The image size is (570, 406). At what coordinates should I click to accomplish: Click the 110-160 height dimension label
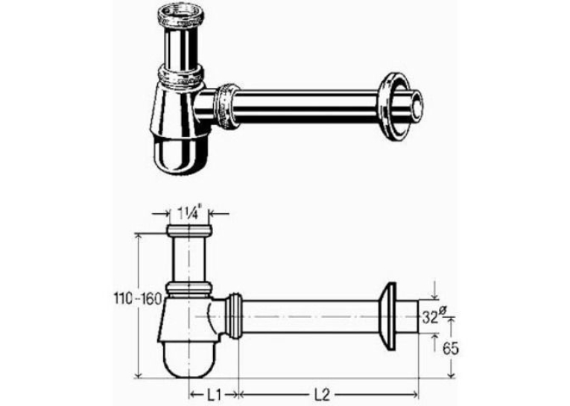click(137, 299)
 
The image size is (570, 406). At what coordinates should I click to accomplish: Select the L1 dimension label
click(214, 394)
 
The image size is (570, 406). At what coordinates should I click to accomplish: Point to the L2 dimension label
click(321, 394)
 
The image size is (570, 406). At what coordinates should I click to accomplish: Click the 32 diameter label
click(434, 316)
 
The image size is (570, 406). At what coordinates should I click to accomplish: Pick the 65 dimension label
click(450, 349)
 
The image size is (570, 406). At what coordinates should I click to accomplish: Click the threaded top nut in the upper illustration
click(181, 18)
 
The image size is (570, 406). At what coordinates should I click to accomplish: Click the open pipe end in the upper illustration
click(417, 108)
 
